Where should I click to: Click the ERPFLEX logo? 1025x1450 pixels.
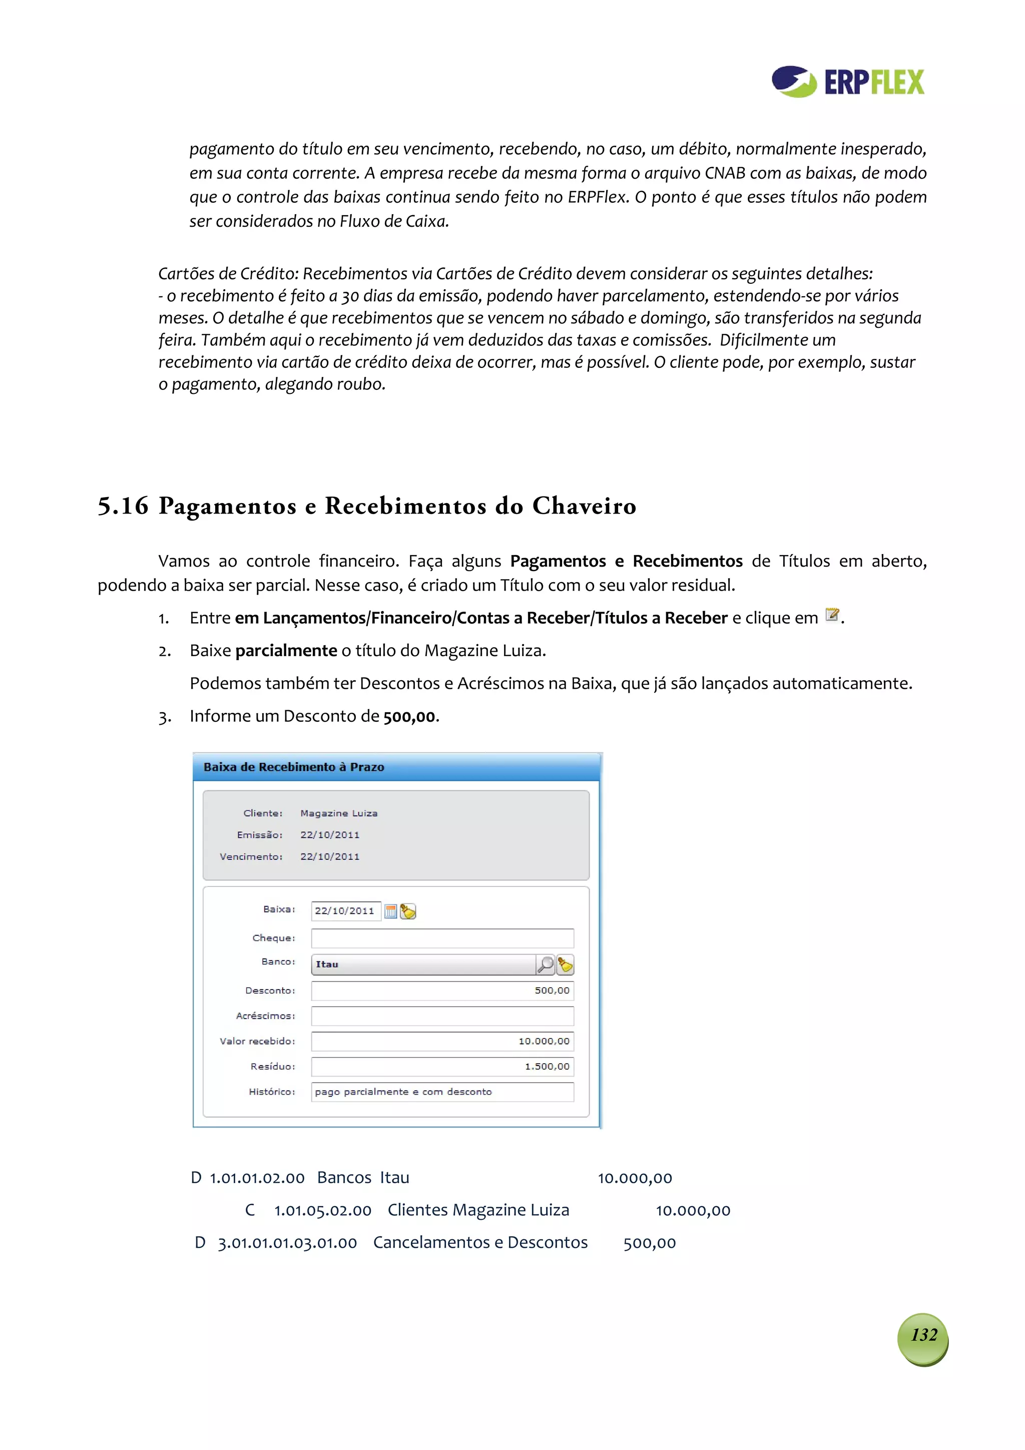coord(847,82)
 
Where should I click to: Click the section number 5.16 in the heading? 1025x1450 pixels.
coord(123,506)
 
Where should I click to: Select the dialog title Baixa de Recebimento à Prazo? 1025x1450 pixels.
coord(294,767)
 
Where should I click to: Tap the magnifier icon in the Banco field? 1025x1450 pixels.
coord(545,964)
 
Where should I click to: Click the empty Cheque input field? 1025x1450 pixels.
coord(442,938)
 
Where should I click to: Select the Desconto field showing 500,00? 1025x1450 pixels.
coord(442,990)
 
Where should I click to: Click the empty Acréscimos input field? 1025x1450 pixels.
coord(442,1016)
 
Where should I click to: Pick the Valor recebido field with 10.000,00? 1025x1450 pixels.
coord(442,1041)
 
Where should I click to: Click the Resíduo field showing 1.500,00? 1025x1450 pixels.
coord(442,1066)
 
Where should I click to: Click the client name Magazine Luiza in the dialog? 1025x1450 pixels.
coord(338,813)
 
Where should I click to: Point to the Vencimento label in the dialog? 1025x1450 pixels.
coord(251,856)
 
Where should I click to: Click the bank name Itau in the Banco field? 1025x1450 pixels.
coord(327,964)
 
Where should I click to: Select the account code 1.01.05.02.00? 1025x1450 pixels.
coord(322,1210)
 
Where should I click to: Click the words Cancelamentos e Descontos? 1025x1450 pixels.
coord(480,1242)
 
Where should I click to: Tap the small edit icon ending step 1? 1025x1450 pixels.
coord(832,615)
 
